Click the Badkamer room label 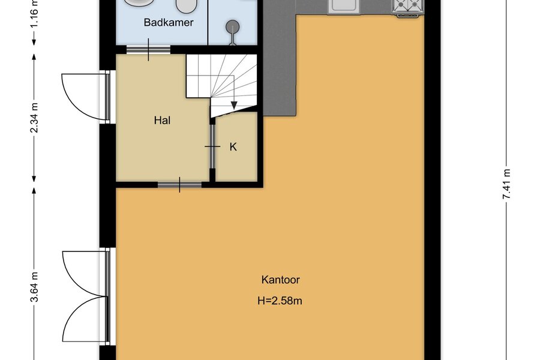[169, 22]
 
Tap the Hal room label [162, 120]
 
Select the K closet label [233, 147]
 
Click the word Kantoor [280, 280]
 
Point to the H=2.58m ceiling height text [280, 301]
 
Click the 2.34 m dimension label [34, 118]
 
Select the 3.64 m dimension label [34, 287]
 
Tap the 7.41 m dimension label [506, 184]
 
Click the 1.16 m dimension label [34, 13]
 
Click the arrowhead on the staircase [234, 105]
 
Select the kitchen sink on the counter [343, 6]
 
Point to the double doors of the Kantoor [86, 296]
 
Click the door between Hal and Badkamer [148, 50]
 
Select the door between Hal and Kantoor [179, 185]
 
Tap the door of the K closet [212, 146]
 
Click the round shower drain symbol [233, 26]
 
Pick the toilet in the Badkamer [187, 6]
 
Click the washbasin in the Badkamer [139, 4]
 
